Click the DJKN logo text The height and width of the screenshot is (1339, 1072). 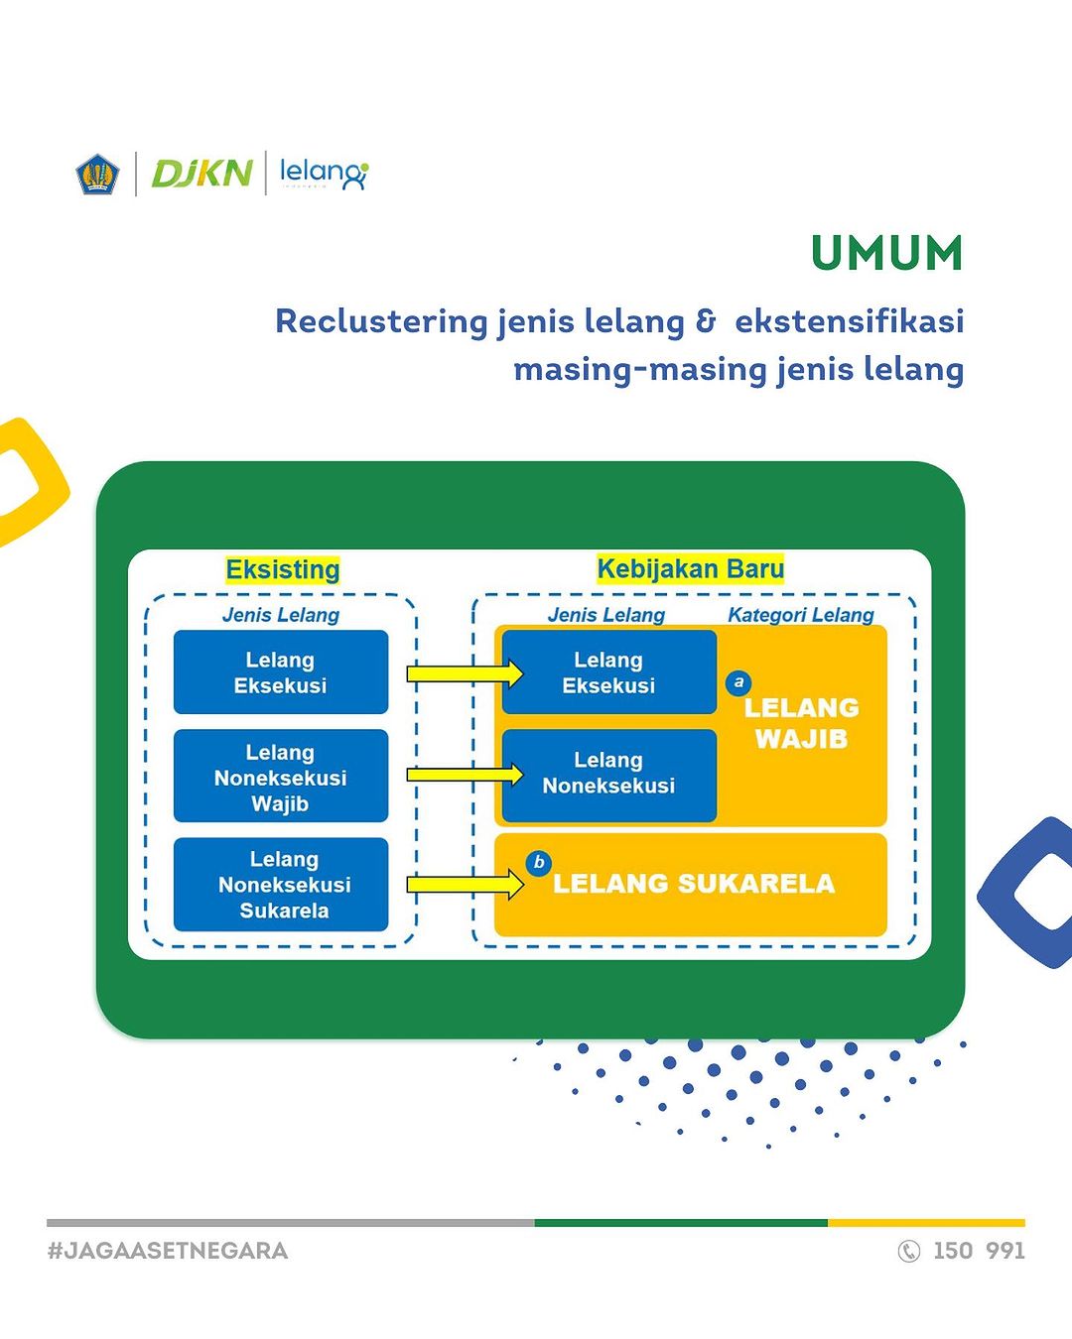[x=201, y=174]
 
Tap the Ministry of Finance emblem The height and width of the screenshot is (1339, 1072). [x=97, y=174]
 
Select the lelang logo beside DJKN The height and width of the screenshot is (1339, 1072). [x=324, y=174]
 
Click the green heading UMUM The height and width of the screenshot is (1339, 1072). [x=887, y=253]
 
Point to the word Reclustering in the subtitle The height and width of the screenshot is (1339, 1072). [x=380, y=321]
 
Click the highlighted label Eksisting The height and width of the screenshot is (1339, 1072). [x=283, y=569]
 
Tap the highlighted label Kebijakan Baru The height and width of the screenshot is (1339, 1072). [x=690, y=568]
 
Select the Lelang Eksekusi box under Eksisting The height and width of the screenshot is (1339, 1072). [x=281, y=672]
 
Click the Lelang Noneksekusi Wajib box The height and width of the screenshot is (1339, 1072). [x=281, y=777]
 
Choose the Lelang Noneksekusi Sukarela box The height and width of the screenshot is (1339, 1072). [x=281, y=885]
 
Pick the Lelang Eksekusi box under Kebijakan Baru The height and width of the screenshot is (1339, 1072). [x=608, y=672]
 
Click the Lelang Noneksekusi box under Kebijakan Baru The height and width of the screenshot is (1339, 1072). [x=608, y=774]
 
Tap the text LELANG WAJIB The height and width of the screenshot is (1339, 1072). [x=801, y=723]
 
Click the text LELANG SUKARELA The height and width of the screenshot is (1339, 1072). [x=694, y=884]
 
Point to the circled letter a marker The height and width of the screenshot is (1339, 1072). [x=737, y=682]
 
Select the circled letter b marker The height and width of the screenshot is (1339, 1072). [x=539, y=863]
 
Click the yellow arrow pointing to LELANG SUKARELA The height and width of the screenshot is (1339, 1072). [x=465, y=884]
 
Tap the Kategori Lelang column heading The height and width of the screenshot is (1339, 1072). [x=800, y=615]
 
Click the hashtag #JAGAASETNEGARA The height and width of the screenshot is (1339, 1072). [x=168, y=1251]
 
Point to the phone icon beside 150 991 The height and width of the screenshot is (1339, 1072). [x=908, y=1251]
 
